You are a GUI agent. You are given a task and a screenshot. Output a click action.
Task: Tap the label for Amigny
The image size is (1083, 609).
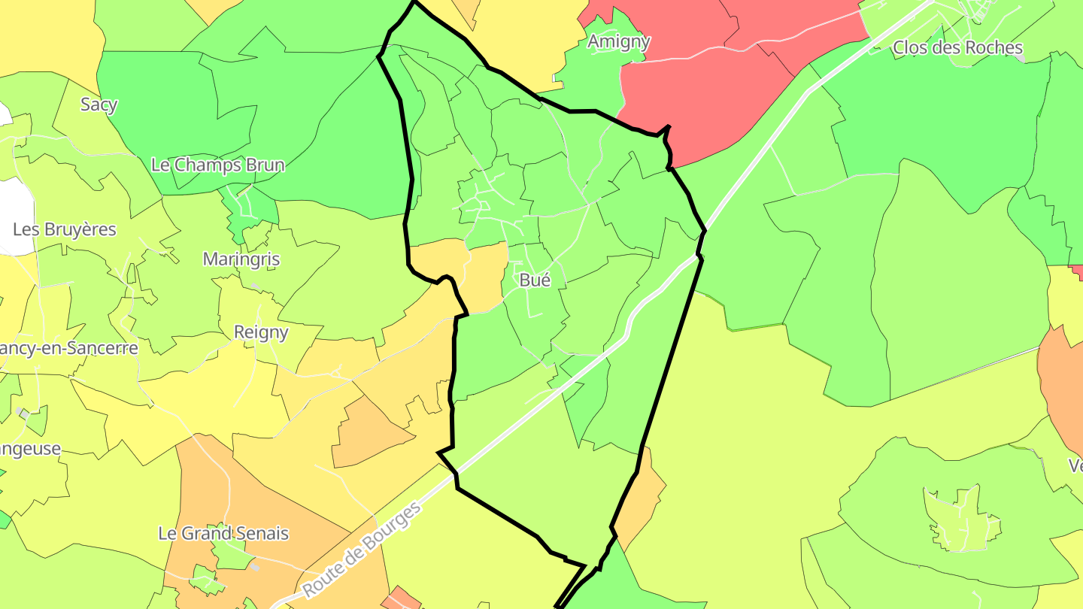coord(618,41)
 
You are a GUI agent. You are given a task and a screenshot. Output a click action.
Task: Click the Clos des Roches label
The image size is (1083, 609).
coord(957,48)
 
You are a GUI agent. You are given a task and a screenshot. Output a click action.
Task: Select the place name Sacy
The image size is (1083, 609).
coord(99,105)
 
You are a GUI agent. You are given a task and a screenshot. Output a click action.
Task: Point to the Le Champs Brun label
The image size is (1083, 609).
coord(218,165)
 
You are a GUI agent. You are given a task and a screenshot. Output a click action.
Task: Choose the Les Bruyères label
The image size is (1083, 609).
coord(65,229)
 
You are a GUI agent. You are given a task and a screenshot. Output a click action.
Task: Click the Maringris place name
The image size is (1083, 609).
coord(241,259)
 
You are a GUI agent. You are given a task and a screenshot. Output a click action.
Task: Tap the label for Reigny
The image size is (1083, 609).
coord(261,332)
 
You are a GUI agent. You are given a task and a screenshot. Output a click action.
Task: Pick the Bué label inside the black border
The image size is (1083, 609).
coord(535,280)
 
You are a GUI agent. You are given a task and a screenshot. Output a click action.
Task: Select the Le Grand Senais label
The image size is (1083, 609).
coord(223,534)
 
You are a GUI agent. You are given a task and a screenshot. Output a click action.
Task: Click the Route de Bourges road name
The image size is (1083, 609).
coord(363,551)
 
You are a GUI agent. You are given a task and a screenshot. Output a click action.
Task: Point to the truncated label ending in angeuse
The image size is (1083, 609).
coord(30,449)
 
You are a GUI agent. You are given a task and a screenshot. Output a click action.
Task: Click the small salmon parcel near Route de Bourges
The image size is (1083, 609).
coord(400,599)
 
